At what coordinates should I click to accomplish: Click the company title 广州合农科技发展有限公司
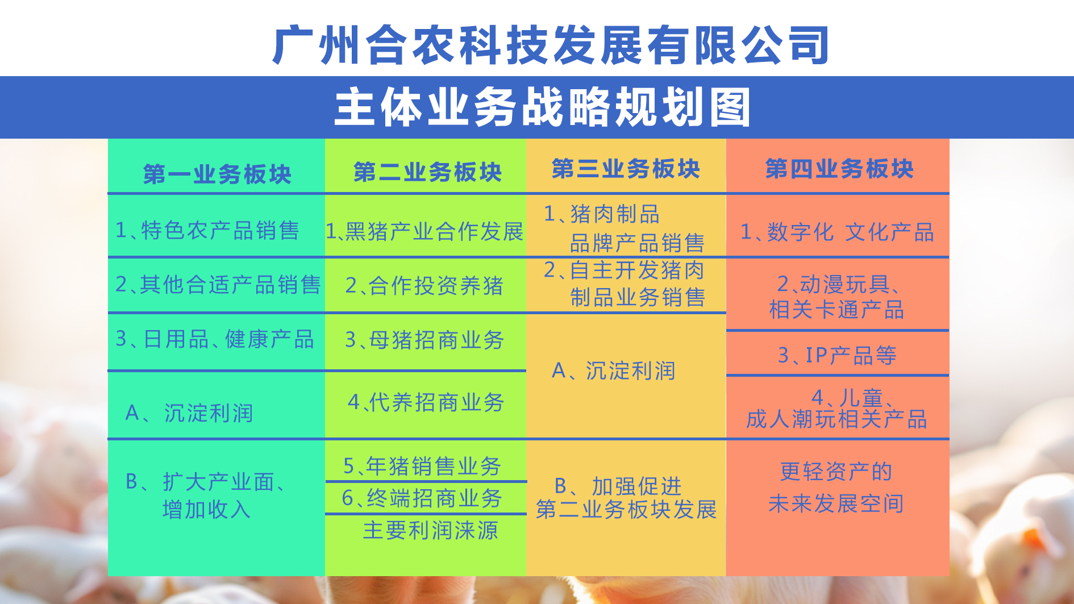tap(551, 45)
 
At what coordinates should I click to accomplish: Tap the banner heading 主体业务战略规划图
tap(543, 107)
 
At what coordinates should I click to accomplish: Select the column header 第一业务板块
tap(217, 174)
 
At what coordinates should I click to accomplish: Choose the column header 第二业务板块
tap(427, 172)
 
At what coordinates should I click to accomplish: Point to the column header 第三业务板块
tap(626, 169)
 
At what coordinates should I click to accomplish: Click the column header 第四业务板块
tap(839, 169)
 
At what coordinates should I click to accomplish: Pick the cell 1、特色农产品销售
tap(207, 230)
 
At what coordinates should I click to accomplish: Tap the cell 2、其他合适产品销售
tap(218, 285)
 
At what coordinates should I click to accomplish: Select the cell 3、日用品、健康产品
tap(215, 339)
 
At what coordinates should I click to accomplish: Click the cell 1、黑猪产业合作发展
tap(424, 231)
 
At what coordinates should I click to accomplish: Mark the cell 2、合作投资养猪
tap(424, 285)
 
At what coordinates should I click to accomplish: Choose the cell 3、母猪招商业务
tap(424, 340)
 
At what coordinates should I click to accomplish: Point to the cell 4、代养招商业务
tap(426, 402)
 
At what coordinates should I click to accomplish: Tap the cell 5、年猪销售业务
tap(422, 466)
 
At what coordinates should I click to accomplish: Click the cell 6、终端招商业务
tap(422, 498)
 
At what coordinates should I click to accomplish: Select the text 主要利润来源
tap(430, 530)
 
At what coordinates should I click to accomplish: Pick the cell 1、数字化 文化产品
tap(837, 232)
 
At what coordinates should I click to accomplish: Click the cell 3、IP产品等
tap(837, 355)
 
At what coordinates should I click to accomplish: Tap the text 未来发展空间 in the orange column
tap(836, 503)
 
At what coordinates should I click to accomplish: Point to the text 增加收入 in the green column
tap(206, 509)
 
